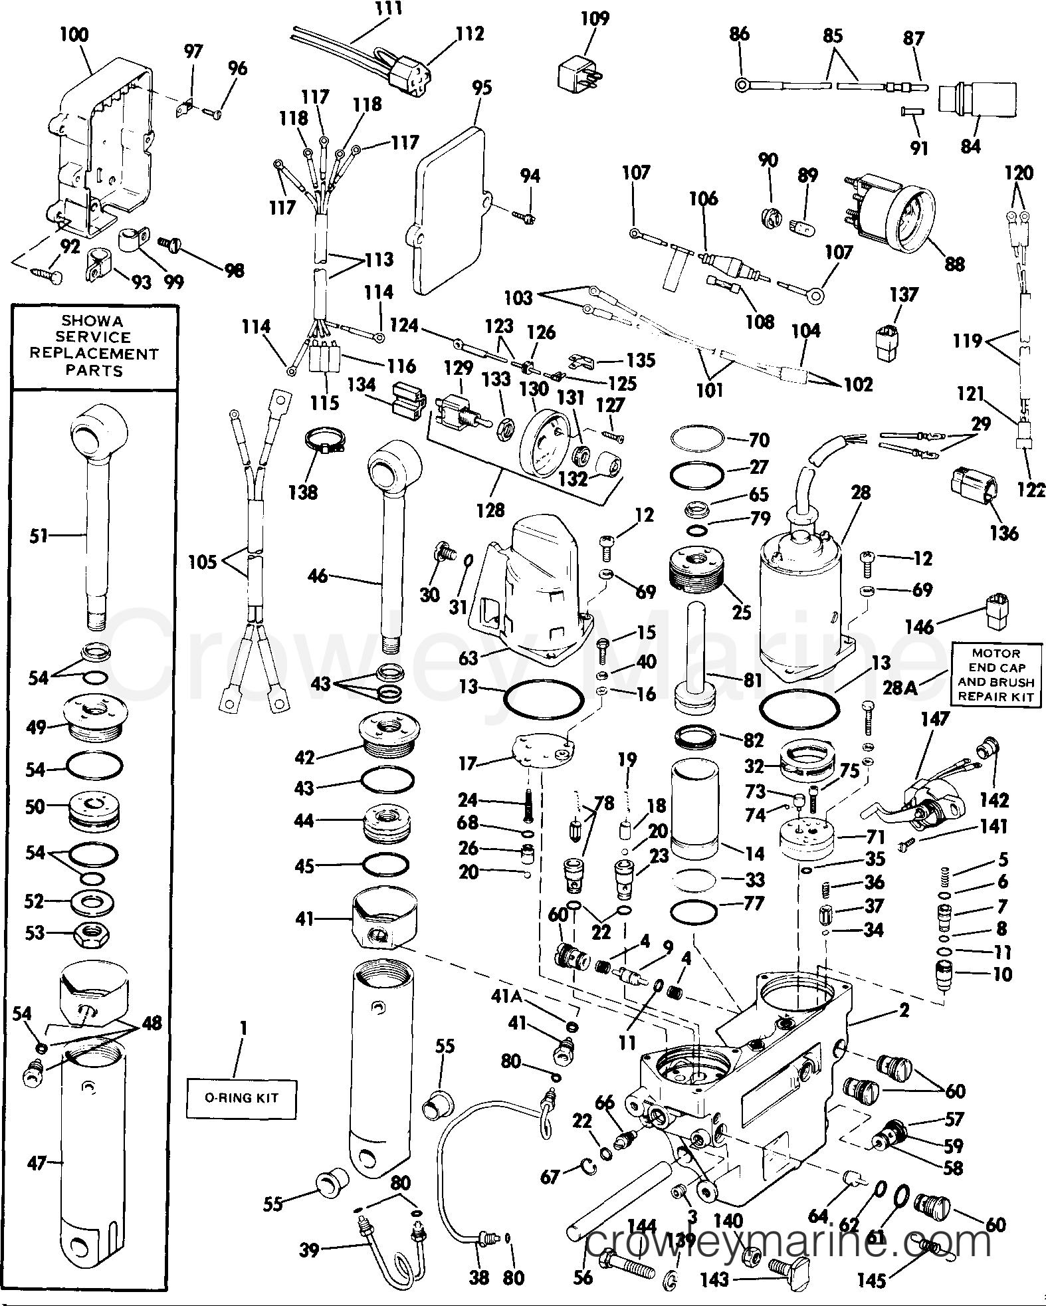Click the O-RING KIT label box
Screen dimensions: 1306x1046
tap(241, 1097)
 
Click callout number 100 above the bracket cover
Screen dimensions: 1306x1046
tap(74, 35)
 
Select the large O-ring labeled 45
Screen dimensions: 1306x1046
tap(385, 865)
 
